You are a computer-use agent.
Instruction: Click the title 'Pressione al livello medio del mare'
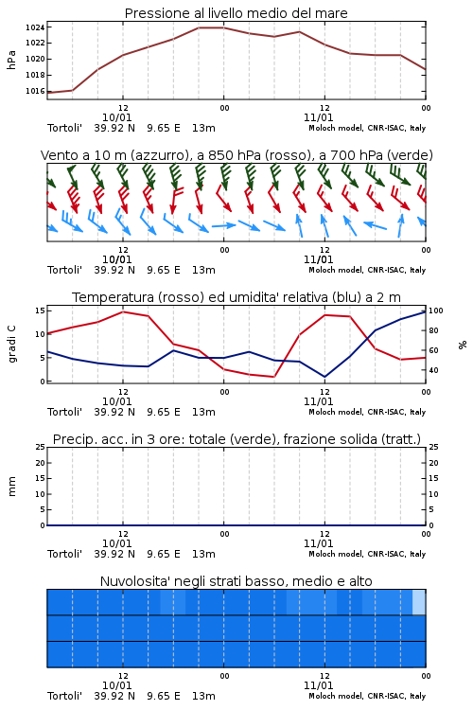coord(236,13)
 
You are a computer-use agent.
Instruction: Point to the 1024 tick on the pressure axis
coord(35,27)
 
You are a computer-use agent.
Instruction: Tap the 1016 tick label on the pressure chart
coord(35,91)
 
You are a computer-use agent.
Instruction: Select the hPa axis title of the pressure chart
coord(11,60)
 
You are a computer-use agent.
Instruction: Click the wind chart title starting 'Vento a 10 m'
coord(236,155)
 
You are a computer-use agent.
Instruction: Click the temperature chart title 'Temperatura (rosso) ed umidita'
coord(236,297)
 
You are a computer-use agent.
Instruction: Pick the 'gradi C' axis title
coord(11,345)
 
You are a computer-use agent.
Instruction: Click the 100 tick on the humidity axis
coord(435,311)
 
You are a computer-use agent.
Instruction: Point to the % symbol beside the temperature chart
coord(463,345)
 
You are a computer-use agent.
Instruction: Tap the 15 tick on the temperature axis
coord(40,311)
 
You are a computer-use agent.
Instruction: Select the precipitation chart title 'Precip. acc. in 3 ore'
coord(236,439)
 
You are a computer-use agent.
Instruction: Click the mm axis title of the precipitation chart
coord(11,487)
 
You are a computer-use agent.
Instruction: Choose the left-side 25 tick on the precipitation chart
coord(41,447)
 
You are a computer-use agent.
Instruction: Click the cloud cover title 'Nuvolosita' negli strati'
coord(236,581)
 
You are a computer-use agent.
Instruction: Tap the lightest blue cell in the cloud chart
coord(419,602)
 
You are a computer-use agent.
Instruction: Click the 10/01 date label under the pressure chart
coord(116,117)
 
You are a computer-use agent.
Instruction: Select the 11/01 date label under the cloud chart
coord(318,685)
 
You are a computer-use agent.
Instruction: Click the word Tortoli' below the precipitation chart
coord(64,554)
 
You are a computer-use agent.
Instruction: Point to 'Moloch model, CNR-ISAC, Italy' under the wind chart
coord(367,270)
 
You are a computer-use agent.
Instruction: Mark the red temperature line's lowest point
coord(273,377)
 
